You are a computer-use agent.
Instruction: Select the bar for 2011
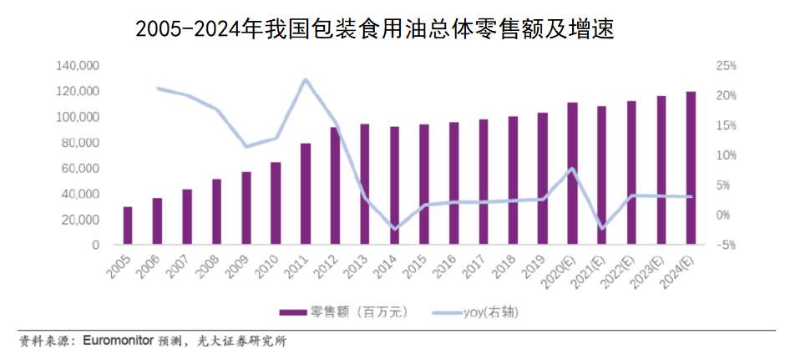306,194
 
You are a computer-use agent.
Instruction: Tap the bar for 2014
394,185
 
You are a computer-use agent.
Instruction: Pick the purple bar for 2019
543,179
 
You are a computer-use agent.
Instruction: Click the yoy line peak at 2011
306,80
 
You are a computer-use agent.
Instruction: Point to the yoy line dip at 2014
395,228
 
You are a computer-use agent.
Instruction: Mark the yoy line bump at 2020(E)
572,169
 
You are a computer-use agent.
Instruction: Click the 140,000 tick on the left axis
78,65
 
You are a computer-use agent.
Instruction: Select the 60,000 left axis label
81,169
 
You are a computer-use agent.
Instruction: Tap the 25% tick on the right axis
726,65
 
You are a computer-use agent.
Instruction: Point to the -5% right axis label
726,245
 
